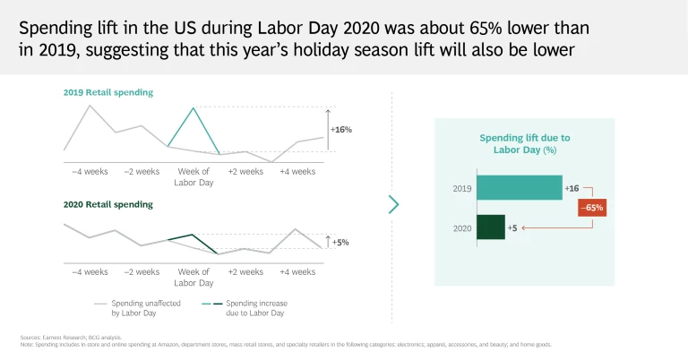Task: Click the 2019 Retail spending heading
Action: click(108, 92)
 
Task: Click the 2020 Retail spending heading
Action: click(108, 204)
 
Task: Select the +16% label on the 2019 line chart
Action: click(341, 129)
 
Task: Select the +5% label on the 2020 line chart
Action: click(340, 242)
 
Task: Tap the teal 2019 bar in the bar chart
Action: click(519, 187)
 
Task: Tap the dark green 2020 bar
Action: click(490, 227)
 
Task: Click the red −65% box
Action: click(591, 208)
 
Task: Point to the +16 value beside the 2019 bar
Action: click(572, 188)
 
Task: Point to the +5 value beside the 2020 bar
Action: click(512, 227)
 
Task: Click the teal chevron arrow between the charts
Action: click(393, 204)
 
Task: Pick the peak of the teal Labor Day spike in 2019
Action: click(193, 108)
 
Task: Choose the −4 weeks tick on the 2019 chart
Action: click(90, 171)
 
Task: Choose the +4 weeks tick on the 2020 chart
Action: click(297, 271)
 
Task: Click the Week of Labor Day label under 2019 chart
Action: click(193, 176)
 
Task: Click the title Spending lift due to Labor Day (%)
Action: click(524, 143)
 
